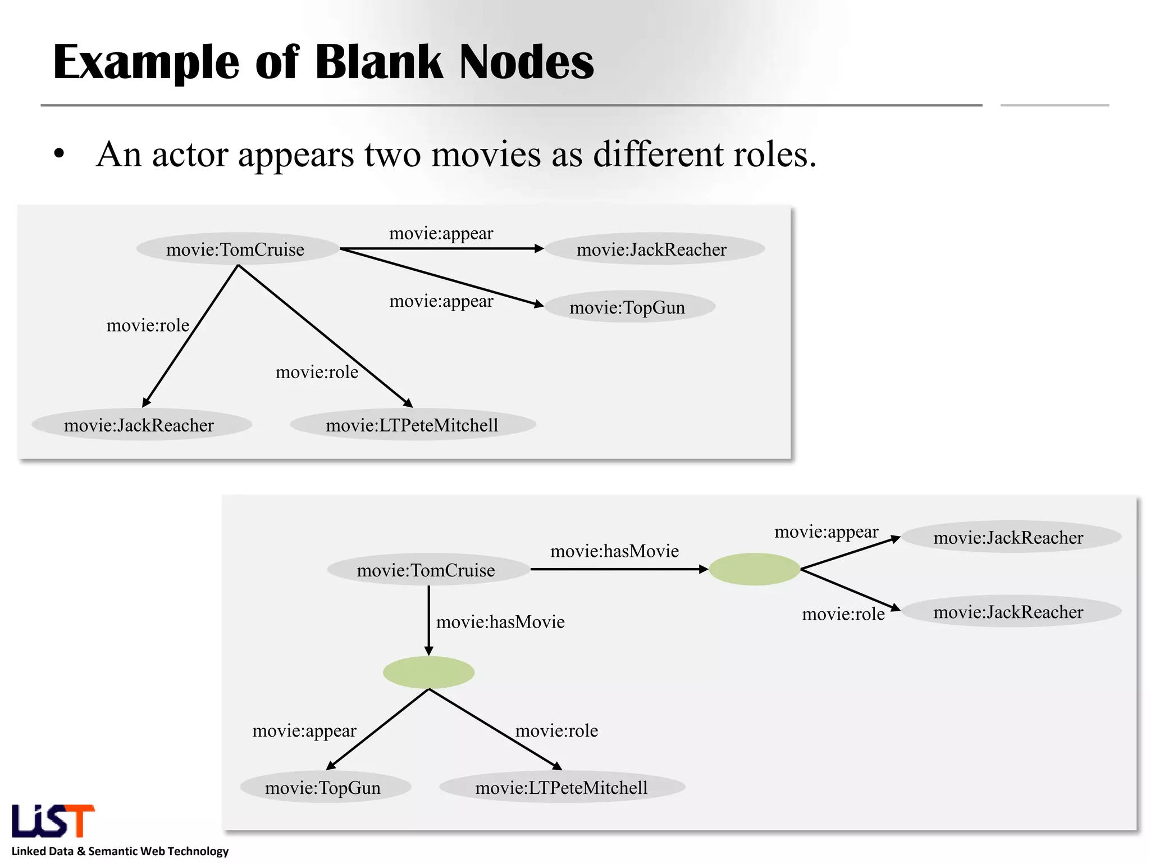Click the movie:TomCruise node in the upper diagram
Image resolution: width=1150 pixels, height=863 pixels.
pos(236,249)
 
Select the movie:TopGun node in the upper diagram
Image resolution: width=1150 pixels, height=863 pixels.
pos(628,307)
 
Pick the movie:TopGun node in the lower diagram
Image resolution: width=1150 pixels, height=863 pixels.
pos(323,788)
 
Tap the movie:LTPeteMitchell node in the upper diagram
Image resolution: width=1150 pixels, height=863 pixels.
pos(412,425)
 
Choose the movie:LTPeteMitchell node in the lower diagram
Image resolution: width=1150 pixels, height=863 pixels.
pos(562,788)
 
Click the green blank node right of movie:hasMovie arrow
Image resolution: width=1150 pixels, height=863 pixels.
pos(754,569)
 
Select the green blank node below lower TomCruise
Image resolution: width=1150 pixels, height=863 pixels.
pos(428,672)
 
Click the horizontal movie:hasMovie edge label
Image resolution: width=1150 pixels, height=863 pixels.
pos(614,551)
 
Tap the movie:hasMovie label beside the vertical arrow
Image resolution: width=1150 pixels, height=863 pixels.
pos(500,622)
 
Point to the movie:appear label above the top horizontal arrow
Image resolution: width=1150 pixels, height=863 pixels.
pos(441,233)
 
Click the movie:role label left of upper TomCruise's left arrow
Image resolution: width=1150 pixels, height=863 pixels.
pos(148,325)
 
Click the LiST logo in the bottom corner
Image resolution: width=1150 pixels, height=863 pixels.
pos(53,821)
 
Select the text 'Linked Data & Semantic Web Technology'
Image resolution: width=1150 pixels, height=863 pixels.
pos(120,851)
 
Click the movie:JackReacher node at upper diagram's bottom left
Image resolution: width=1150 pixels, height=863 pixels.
pos(139,425)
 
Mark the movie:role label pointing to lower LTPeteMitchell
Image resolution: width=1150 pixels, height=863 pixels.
pos(556,730)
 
